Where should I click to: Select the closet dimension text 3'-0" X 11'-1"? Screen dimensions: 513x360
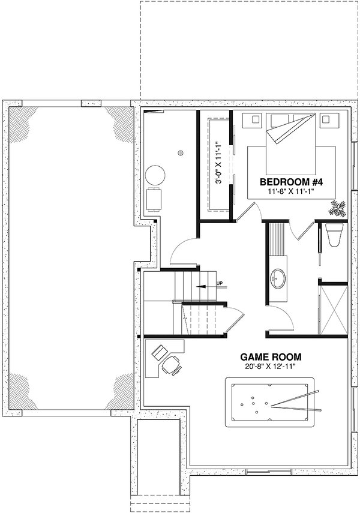(220, 163)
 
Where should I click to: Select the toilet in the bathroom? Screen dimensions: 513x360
(334, 236)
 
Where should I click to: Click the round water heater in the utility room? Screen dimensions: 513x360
(155, 176)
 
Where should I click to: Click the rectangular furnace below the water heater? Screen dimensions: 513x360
(154, 199)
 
